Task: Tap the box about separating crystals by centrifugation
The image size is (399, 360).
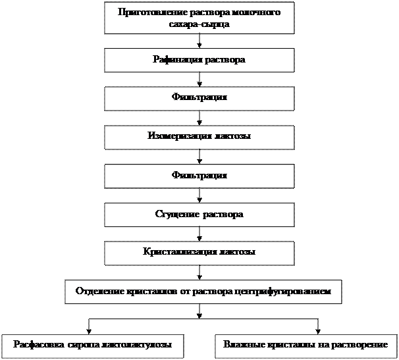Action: [203, 290]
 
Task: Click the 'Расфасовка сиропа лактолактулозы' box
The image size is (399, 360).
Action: [92, 345]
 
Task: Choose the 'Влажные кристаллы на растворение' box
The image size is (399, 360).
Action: [306, 345]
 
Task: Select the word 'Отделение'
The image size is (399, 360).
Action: [98, 290]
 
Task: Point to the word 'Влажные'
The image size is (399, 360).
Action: [240, 345]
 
